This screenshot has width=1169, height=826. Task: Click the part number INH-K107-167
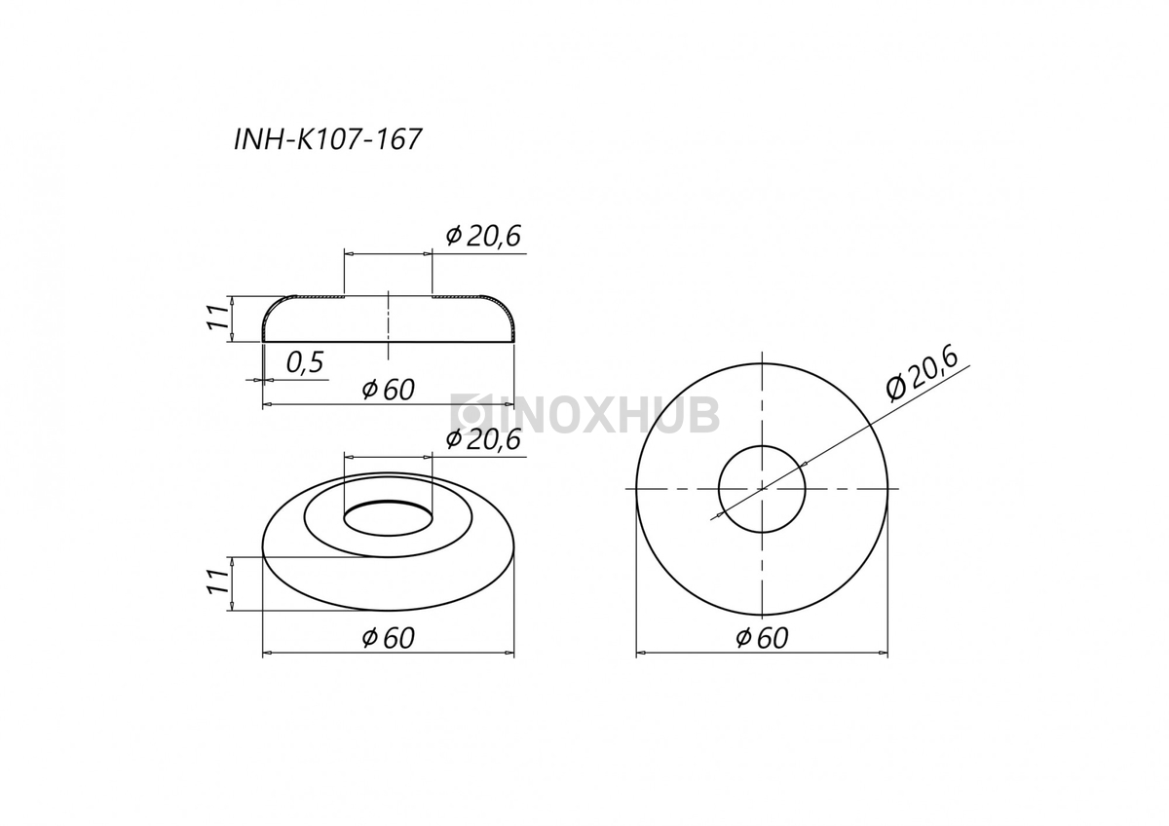[327, 140]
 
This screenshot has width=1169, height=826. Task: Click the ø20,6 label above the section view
[483, 237]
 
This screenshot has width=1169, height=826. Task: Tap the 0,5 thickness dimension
[305, 362]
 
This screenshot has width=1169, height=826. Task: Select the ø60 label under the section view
[389, 390]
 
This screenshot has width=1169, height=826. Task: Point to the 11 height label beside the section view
[218, 317]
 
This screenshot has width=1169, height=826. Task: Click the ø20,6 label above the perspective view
[483, 439]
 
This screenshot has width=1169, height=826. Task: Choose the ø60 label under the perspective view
[389, 638]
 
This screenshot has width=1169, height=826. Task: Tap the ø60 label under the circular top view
[762, 638]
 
